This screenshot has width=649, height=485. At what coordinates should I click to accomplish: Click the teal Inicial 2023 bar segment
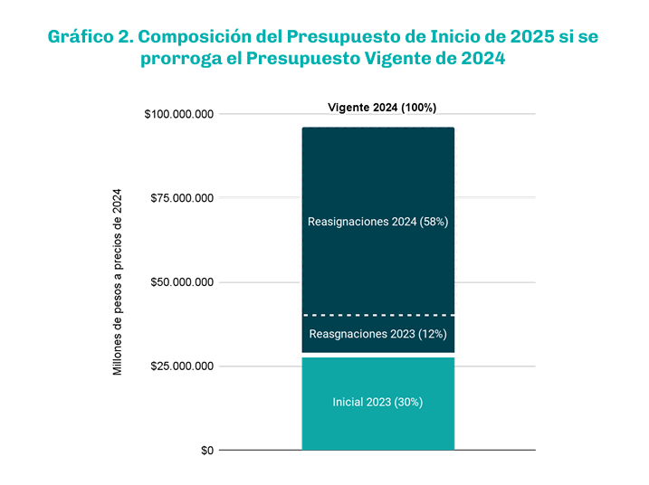point(377,425)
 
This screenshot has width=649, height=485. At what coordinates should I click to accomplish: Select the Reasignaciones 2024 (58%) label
point(377,221)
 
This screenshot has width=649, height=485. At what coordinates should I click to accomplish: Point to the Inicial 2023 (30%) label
point(377,402)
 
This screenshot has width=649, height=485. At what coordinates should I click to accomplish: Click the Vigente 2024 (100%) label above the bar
point(381,107)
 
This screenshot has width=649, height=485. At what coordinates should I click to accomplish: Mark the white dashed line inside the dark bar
point(377,315)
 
